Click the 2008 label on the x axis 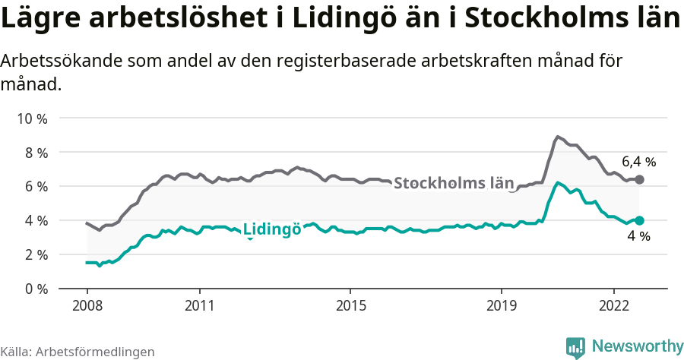[x=87, y=306]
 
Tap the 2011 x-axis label [x=199, y=306]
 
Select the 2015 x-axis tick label [x=350, y=306]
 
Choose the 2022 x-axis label [x=614, y=306]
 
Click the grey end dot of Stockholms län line [x=639, y=179]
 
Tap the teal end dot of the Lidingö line [x=639, y=220]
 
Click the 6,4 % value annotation [x=638, y=161]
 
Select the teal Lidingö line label [x=271, y=229]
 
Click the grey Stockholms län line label [x=454, y=183]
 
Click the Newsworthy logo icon [x=575, y=347]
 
